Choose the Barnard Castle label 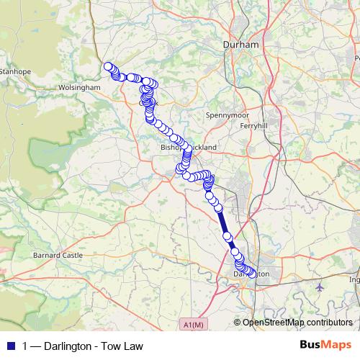tap(58, 255)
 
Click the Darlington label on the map tap(252, 274)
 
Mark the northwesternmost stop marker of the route tap(109, 67)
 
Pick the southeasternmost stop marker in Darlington tap(251, 272)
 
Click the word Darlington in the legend tap(72, 346)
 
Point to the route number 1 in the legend tap(26, 346)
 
